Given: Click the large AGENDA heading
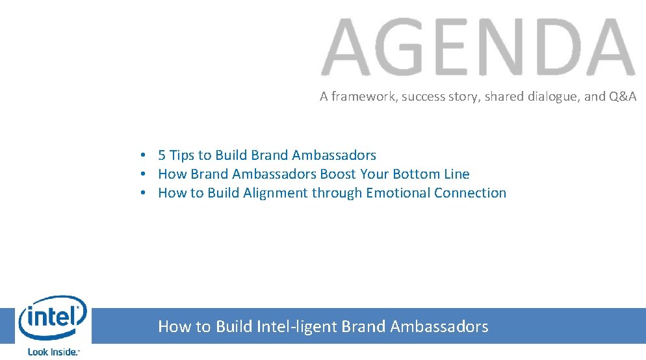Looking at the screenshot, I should click(478, 47).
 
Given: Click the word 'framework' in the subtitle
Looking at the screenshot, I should click(363, 97).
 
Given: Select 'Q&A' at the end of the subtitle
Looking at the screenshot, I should click(623, 97).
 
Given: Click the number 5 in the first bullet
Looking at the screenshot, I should click(162, 155).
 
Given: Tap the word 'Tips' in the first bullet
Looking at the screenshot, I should click(182, 155).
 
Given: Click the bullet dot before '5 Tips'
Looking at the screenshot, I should click(141, 155).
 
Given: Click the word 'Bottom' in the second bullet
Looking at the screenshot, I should click(415, 174).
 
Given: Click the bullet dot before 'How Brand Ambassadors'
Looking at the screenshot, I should click(141, 174).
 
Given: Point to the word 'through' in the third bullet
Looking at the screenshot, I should click(337, 193).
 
